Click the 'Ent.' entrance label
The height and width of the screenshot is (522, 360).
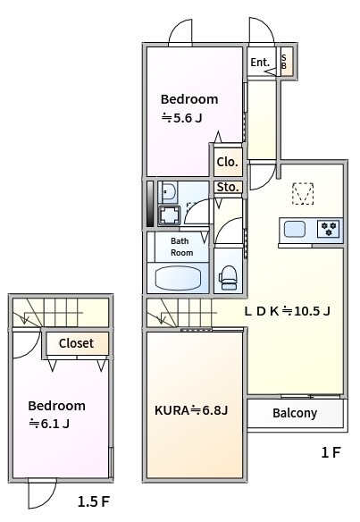click(x=259, y=63)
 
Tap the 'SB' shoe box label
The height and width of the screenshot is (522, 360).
click(x=285, y=62)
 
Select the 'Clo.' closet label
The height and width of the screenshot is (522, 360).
click(x=227, y=163)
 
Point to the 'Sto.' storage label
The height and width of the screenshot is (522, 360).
click(x=227, y=187)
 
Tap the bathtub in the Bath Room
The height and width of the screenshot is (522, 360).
click(x=181, y=277)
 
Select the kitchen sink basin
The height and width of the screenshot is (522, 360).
click(x=296, y=229)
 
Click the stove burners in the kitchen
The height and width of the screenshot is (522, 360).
click(x=329, y=229)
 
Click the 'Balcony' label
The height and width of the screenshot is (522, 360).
click(x=295, y=413)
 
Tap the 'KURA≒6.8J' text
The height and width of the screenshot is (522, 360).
click(x=192, y=410)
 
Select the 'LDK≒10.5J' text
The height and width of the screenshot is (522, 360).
click(x=288, y=311)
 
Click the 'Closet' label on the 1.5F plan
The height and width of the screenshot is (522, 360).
click(x=76, y=343)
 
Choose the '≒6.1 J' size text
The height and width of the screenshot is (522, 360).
click(x=50, y=423)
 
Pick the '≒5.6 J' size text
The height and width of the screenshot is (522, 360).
click(x=182, y=117)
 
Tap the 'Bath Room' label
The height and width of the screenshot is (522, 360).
click(x=181, y=247)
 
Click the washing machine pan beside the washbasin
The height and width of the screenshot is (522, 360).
click(x=169, y=215)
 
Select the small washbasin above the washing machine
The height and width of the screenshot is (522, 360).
click(x=166, y=191)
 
